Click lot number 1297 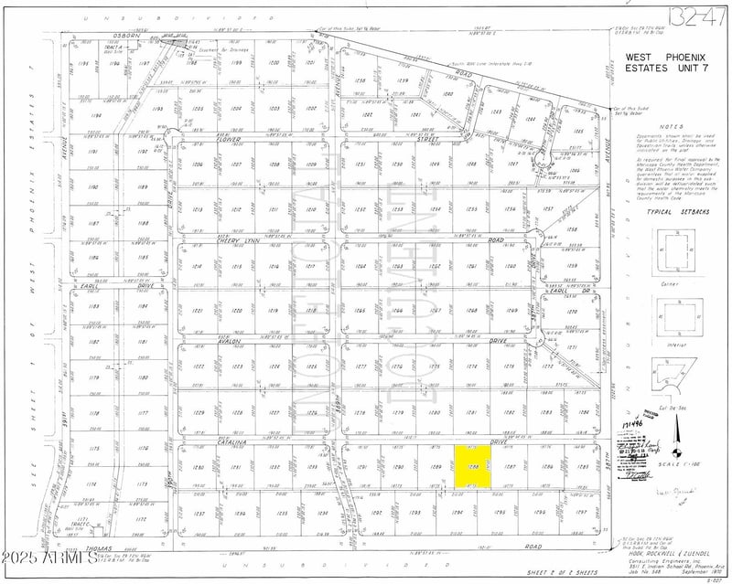[579, 513]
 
